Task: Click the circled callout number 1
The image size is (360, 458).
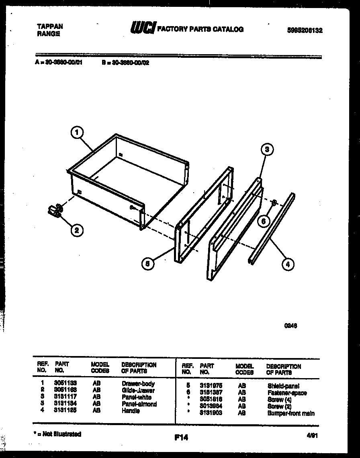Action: (78, 132)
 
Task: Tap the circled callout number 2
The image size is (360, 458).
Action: (77, 230)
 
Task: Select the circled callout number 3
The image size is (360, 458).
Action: (266, 149)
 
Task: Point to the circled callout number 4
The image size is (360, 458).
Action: (287, 264)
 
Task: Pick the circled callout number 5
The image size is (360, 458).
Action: (148, 264)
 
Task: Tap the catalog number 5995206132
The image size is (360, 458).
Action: (305, 30)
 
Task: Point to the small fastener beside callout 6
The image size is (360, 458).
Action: (273, 203)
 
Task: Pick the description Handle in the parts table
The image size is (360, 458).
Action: (131, 411)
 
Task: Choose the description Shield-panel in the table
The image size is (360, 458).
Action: (283, 386)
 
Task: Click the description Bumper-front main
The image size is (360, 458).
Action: (291, 413)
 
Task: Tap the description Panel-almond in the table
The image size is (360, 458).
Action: (139, 404)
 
